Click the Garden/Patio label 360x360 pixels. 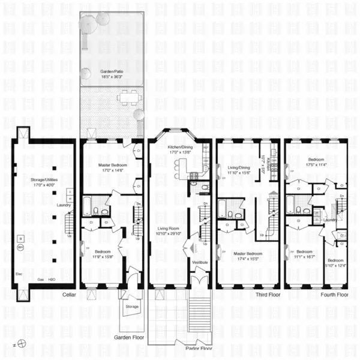click(x=112, y=71)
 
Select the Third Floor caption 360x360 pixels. click(x=263, y=295)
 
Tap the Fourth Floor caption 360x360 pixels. click(x=334, y=295)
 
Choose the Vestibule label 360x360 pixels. click(x=200, y=262)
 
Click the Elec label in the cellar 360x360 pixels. click(x=19, y=274)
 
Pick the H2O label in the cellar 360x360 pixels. click(x=52, y=280)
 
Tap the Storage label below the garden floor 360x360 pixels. click(x=131, y=307)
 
